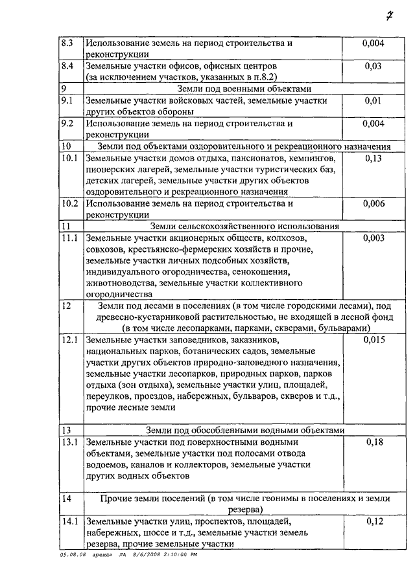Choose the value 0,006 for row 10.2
tap(374, 203)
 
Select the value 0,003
tap(374, 238)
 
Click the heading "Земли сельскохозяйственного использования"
tap(244, 227)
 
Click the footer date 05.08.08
tap(72, 555)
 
